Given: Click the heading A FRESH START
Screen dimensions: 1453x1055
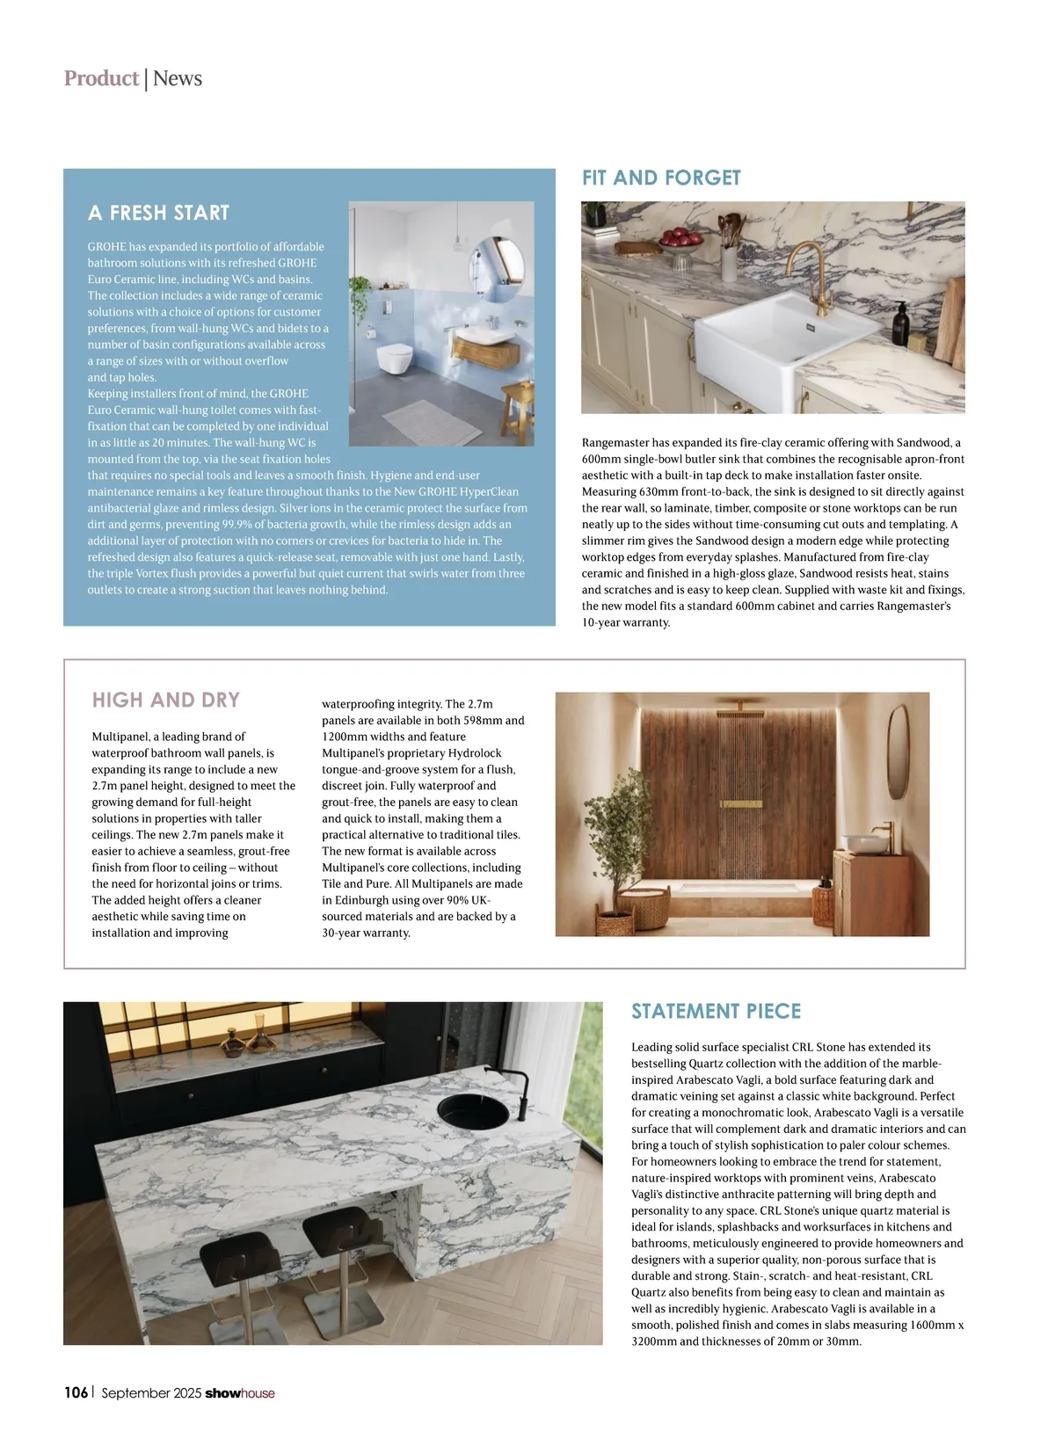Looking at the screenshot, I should pyautogui.click(x=158, y=213).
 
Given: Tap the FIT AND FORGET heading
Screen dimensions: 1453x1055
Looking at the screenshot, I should pyautogui.click(x=661, y=178).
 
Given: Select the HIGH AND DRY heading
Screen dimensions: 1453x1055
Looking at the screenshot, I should pyautogui.click(x=165, y=700).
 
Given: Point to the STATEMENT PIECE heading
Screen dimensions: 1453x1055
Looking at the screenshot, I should pyautogui.click(x=716, y=1011).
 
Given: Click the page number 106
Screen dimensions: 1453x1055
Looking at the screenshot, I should pyautogui.click(x=76, y=1392).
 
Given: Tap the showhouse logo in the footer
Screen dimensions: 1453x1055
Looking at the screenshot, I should pyautogui.click(x=239, y=1393).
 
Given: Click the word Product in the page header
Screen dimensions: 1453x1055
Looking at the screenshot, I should pyautogui.click(x=101, y=78).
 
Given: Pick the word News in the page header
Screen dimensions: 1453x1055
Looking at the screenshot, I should pyautogui.click(x=178, y=78).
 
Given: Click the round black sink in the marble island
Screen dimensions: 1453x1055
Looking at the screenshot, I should pyautogui.click(x=473, y=1111).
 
